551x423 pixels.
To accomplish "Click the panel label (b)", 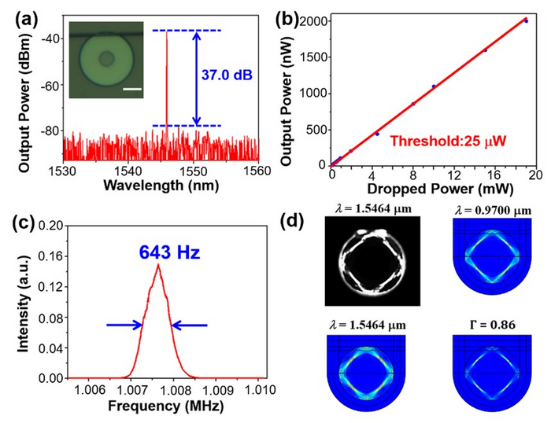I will (x=301, y=11).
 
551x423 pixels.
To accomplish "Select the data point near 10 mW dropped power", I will (x=434, y=86).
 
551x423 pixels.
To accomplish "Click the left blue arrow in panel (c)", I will (x=124, y=324).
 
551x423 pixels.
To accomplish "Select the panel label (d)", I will (x=301, y=219).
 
